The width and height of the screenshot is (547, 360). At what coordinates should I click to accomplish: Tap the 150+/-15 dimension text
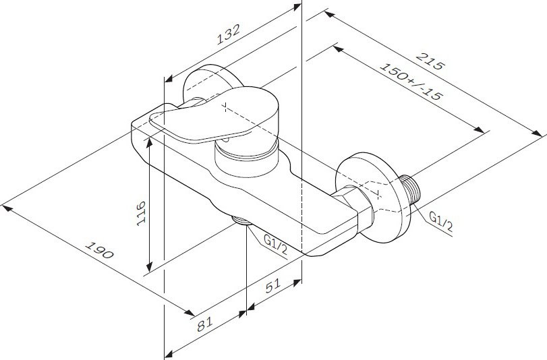coord(409,84)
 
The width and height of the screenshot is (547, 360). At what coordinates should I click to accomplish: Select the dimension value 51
coord(272,286)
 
